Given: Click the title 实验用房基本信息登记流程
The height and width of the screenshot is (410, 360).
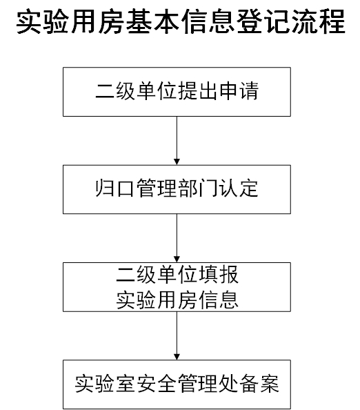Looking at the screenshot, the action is tap(181, 21).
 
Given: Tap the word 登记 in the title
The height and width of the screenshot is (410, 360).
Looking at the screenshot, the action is tap(263, 21).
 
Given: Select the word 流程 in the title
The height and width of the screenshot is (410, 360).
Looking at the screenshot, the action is tap(318, 21).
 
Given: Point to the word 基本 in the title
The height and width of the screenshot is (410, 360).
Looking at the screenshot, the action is tap(153, 21).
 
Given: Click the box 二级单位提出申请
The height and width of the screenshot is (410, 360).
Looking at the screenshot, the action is tap(177, 92).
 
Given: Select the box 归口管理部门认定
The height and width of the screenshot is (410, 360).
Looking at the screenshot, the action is tap(177, 189).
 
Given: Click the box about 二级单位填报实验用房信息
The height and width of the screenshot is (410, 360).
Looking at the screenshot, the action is tap(177, 287).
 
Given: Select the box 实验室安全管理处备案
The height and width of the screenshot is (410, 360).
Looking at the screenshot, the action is tap(177, 384).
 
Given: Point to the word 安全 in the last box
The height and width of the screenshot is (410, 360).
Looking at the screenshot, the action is tap(157, 384).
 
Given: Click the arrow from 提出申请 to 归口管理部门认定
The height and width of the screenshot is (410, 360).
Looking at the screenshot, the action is tap(177, 141).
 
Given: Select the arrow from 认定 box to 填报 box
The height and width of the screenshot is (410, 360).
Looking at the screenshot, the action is tap(177, 238).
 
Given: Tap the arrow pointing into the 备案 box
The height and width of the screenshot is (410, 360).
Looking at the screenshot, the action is tap(177, 335).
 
